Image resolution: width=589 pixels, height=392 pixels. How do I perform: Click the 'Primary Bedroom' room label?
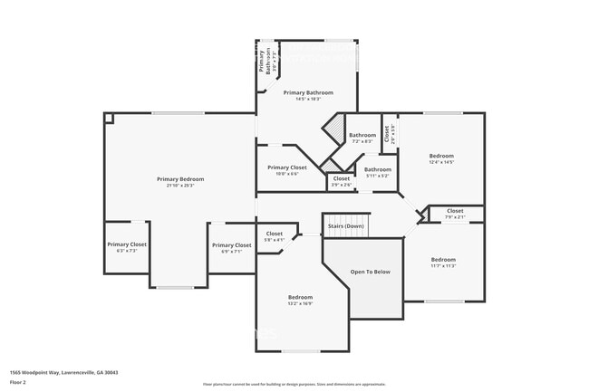coord(179,179)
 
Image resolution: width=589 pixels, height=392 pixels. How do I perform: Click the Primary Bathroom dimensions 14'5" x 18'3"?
coord(308,100)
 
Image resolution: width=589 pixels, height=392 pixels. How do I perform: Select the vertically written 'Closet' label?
coord(386,134)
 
